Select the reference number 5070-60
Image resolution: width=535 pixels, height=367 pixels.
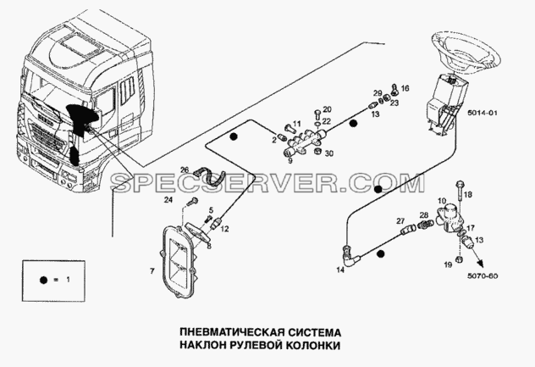tap(483, 275)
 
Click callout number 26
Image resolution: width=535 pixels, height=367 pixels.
tap(185, 170)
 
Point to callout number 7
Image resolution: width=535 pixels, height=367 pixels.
tap(152, 271)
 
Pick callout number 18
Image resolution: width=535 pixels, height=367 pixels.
tap(468, 194)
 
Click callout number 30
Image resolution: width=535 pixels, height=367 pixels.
tap(328, 153)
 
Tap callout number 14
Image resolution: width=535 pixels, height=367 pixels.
tap(340, 270)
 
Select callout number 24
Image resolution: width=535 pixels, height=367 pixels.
tap(168, 200)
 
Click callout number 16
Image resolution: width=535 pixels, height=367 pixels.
tap(405, 88)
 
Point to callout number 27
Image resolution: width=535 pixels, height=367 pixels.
tap(400, 221)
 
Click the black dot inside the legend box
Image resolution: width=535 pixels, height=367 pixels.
tap(43, 280)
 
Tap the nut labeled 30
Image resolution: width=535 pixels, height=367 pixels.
tap(317, 151)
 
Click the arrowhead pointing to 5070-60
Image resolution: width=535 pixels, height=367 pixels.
tap(481, 263)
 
